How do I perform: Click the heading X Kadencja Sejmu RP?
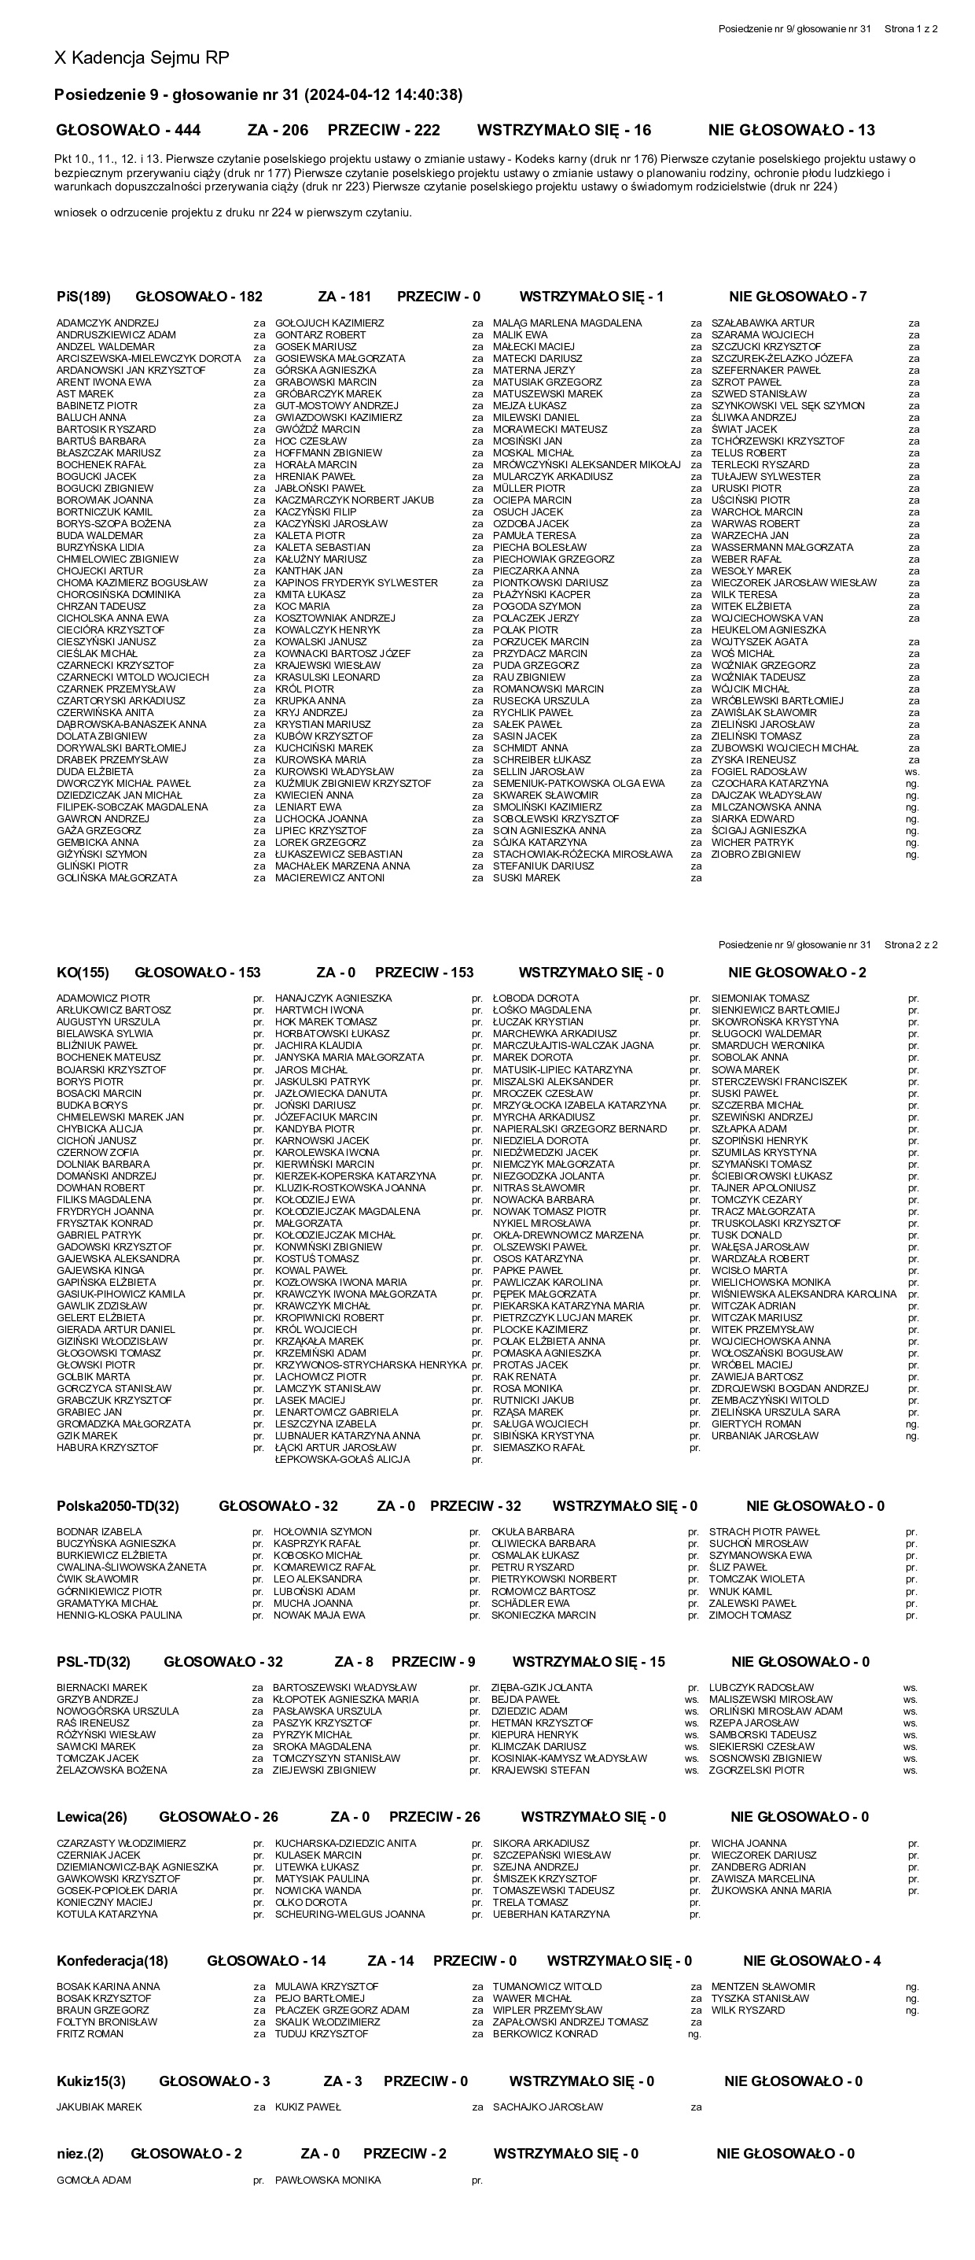pyautogui.click(x=142, y=58)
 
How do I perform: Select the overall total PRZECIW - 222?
pyautogui.click(x=383, y=130)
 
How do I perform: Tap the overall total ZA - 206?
pyautogui.click(x=278, y=130)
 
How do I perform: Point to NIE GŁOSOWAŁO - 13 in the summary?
pyautogui.click(x=791, y=130)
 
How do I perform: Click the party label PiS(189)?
pyautogui.click(x=83, y=297)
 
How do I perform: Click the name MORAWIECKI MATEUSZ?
pyautogui.click(x=549, y=429)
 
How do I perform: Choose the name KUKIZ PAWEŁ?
pyautogui.click(x=307, y=2107)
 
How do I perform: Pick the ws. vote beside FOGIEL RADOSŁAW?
pyautogui.click(x=912, y=772)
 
